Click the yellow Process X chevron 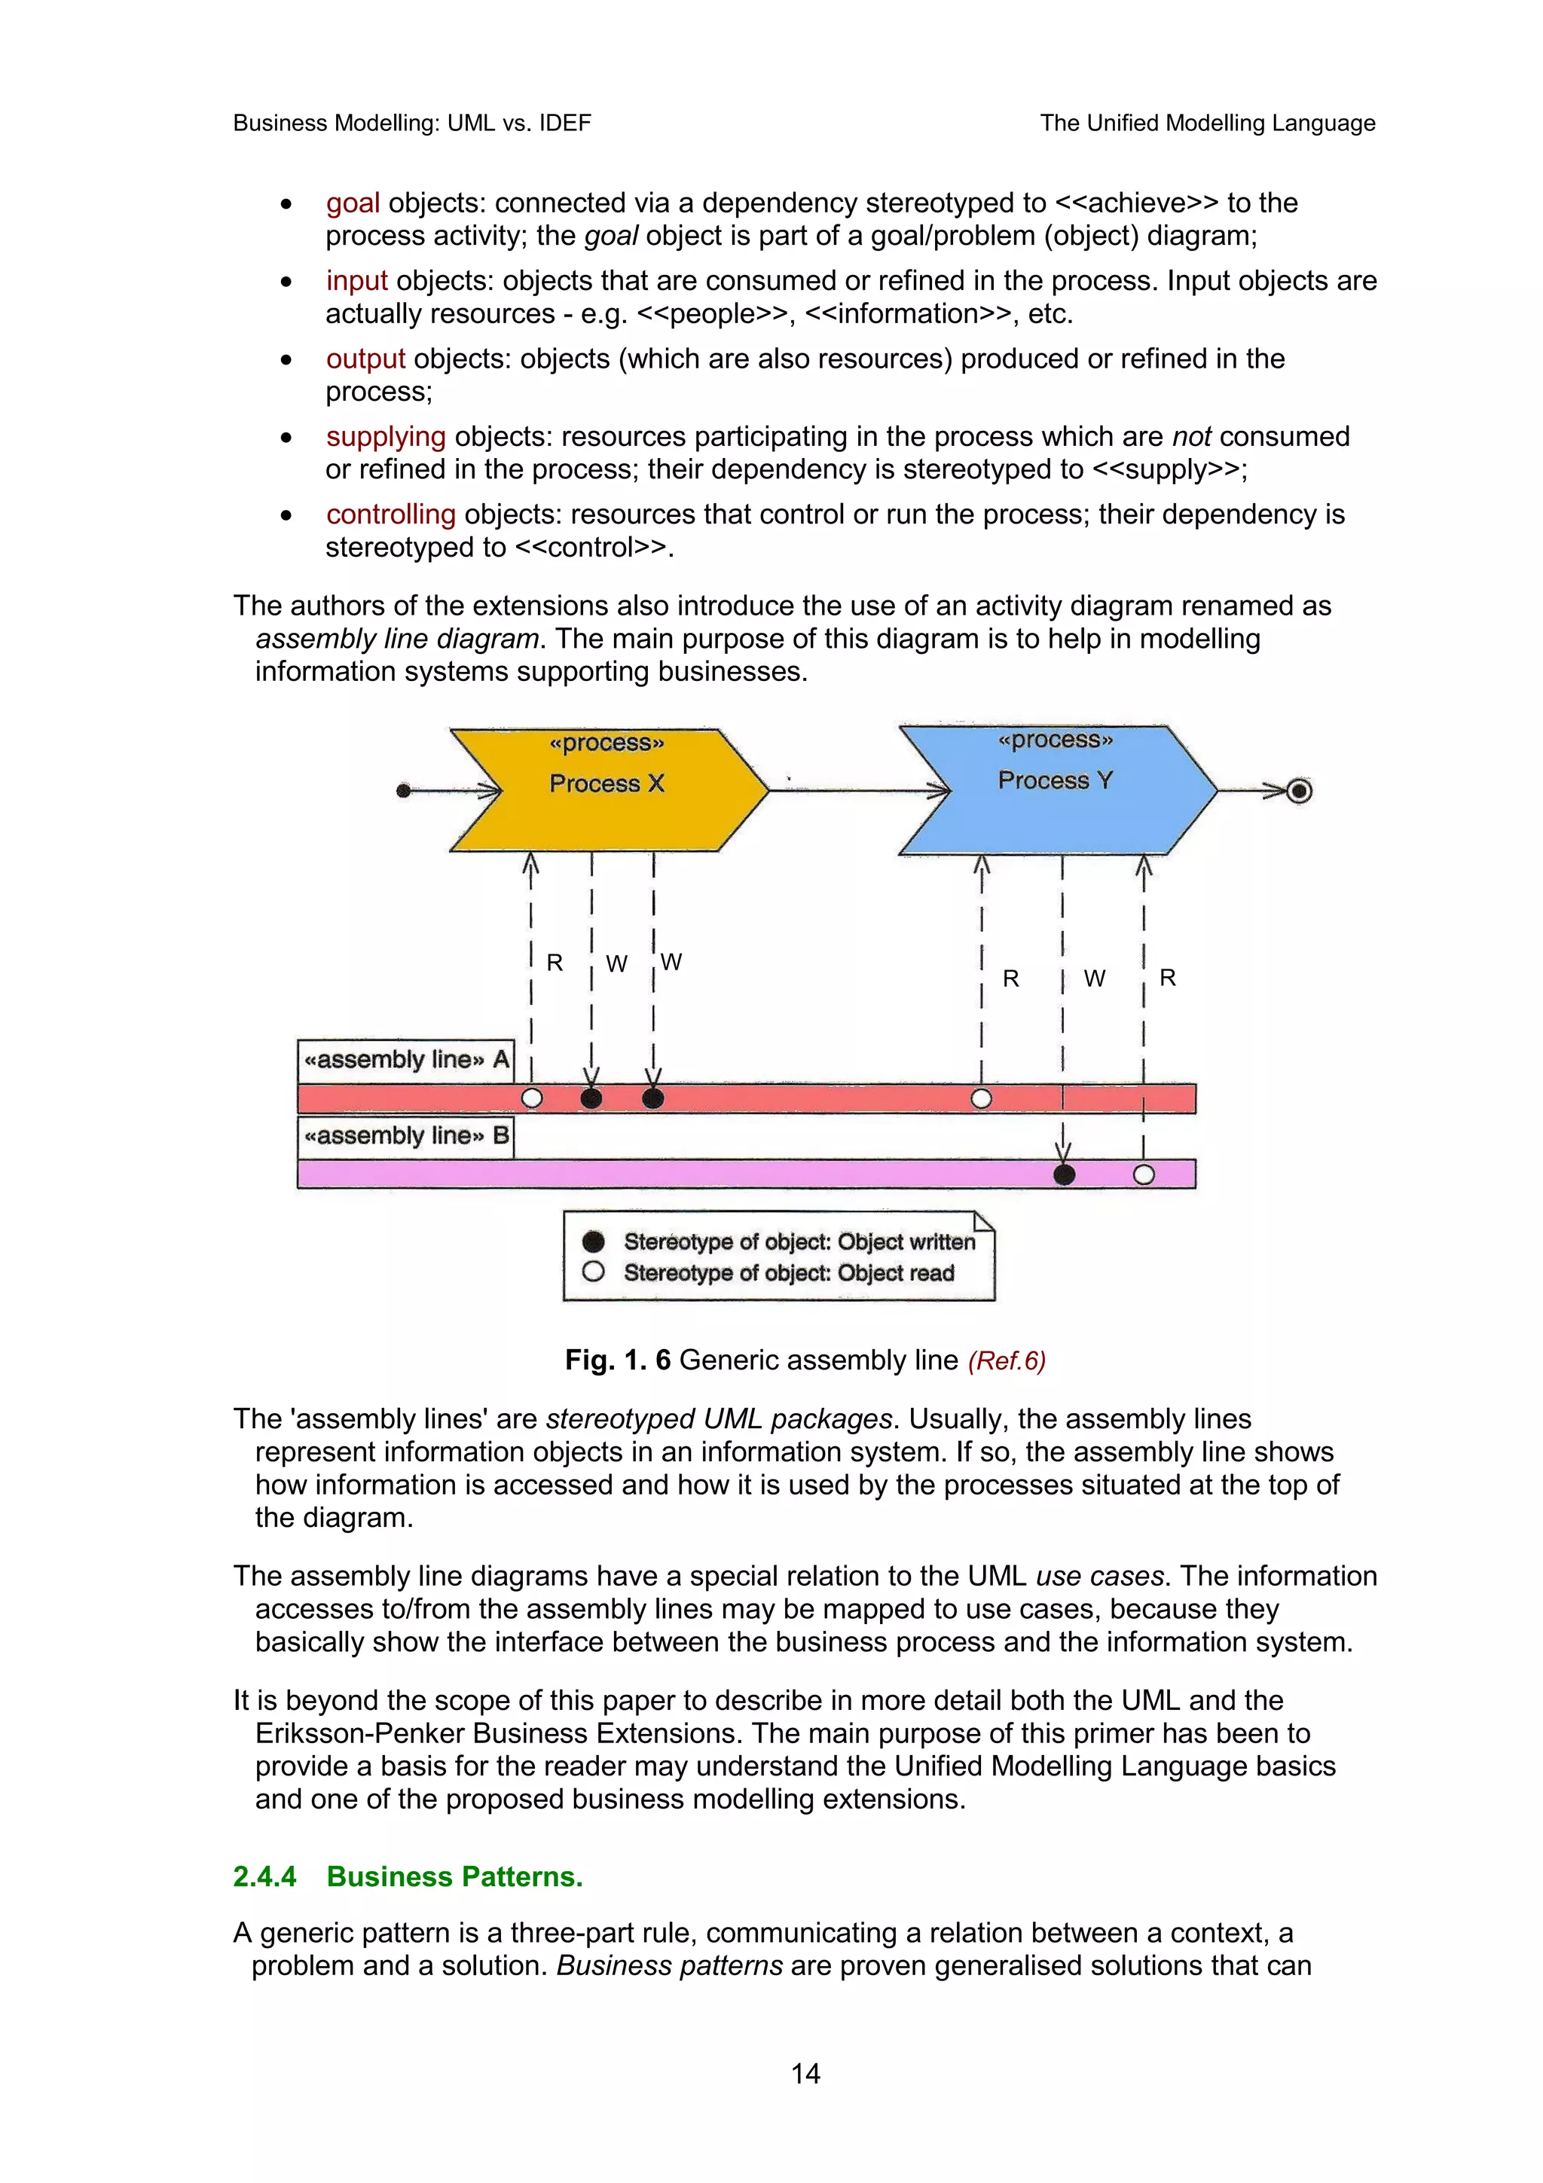(609, 790)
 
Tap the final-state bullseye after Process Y (1299, 790)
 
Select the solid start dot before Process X (403, 790)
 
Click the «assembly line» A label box (406, 1060)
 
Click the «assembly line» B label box (406, 1136)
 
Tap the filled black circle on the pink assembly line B (1064, 1174)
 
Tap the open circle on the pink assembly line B (1144, 1174)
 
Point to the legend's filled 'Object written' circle (593, 1241)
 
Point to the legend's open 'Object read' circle (593, 1272)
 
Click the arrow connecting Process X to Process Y (856, 789)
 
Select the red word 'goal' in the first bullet (353, 203)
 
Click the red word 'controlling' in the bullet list (391, 514)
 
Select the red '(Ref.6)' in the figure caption (1006, 1360)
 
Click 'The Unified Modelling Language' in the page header (1208, 123)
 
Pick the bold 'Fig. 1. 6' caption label (617, 1360)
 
